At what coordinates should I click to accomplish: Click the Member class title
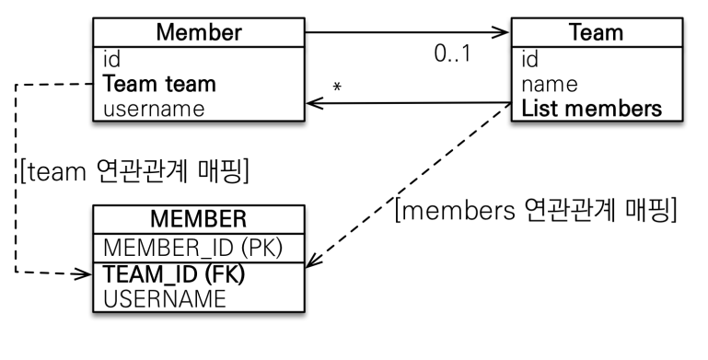[x=199, y=32]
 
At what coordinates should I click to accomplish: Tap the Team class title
[x=597, y=32]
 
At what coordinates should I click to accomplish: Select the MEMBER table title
[x=199, y=219]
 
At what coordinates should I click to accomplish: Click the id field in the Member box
[x=111, y=59]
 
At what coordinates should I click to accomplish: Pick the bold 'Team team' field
[x=159, y=84]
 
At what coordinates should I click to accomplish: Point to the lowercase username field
[x=154, y=110]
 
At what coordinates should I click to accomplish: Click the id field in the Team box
[x=529, y=59]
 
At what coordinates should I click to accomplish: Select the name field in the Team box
[x=550, y=85]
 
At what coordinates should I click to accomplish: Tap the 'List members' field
[x=591, y=109]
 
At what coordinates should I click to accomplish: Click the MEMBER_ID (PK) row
[x=192, y=248]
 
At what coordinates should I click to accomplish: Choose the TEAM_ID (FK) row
[x=174, y=274]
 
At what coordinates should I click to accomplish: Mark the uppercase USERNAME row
[x=165, y=299]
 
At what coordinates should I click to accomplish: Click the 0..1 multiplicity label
[x=452, y=53]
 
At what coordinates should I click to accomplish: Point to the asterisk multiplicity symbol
[x=337, y=87]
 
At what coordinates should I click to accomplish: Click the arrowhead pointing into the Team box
[x=500, y=32]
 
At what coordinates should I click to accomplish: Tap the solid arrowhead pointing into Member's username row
[x=315, y=103]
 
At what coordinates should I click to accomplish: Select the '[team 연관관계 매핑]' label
[x=134, y=171]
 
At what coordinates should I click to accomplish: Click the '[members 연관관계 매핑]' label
[x=536, y=210]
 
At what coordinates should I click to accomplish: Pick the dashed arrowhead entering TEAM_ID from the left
[x=84, y=273]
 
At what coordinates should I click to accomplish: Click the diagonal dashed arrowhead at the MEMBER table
[x=314, y=261]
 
